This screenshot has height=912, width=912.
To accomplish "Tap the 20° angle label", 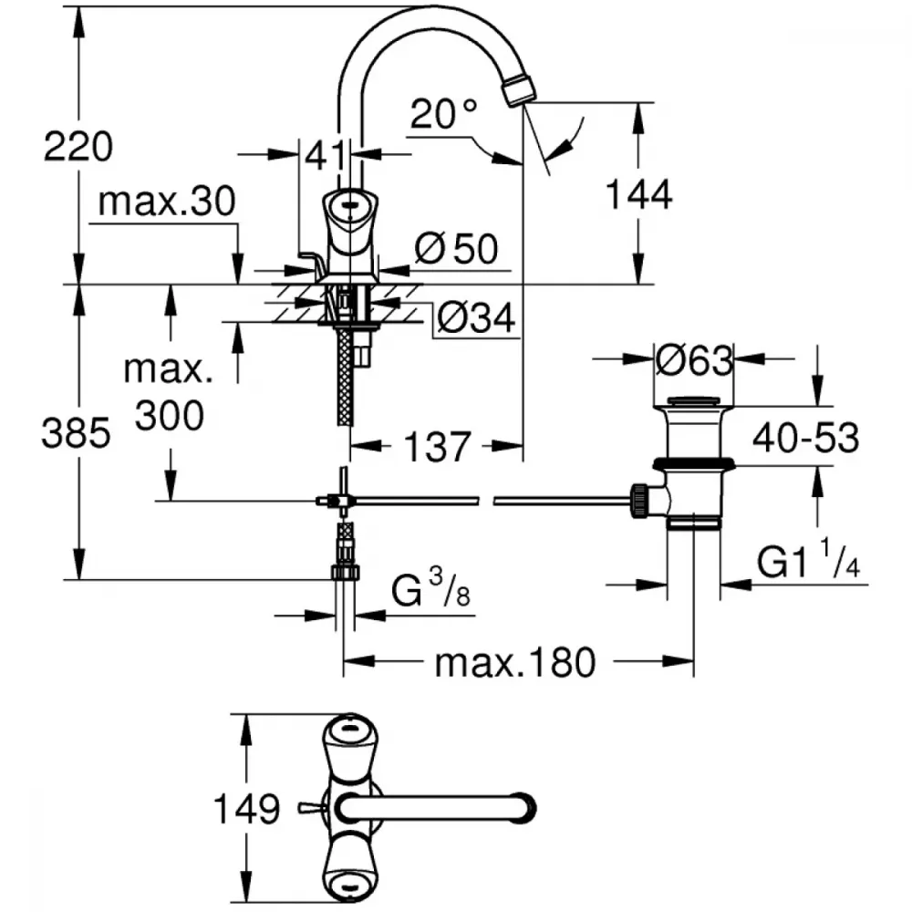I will coord(443,114).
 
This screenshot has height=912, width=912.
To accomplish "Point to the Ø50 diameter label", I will coord(456,248).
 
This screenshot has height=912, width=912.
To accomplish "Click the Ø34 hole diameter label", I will coord(474,318).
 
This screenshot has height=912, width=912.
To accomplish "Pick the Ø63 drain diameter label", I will coord(694,361).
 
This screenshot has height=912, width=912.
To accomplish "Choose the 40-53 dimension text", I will coord(805,439).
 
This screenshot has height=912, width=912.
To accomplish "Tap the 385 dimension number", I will coord(76,434).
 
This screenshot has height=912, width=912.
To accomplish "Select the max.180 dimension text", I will coord(514,663).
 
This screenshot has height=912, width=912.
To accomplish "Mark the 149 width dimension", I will coord(245,808).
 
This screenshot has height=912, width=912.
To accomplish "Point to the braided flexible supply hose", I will coord(345,383).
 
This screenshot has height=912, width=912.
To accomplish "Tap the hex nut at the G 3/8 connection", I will coord(345,572).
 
